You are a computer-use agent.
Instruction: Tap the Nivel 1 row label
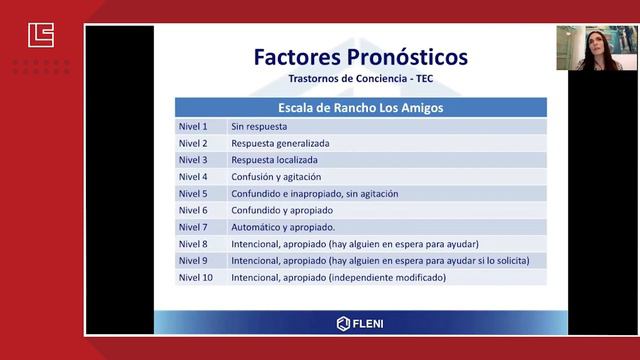pos(193,126)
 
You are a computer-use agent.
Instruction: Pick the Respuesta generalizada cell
pos(280,143)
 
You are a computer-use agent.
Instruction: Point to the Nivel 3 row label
pos(193,159)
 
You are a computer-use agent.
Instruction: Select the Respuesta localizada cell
pos(274,159)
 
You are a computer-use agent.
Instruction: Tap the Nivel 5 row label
pos(193,193)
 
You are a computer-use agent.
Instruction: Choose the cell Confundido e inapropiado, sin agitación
pos(314,193)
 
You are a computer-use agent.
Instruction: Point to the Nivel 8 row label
pos(193,243)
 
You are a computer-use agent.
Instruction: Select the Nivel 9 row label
pos(193,260)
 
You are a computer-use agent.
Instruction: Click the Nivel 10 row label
pos(195,277)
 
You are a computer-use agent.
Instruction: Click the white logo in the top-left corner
pos(41,37)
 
